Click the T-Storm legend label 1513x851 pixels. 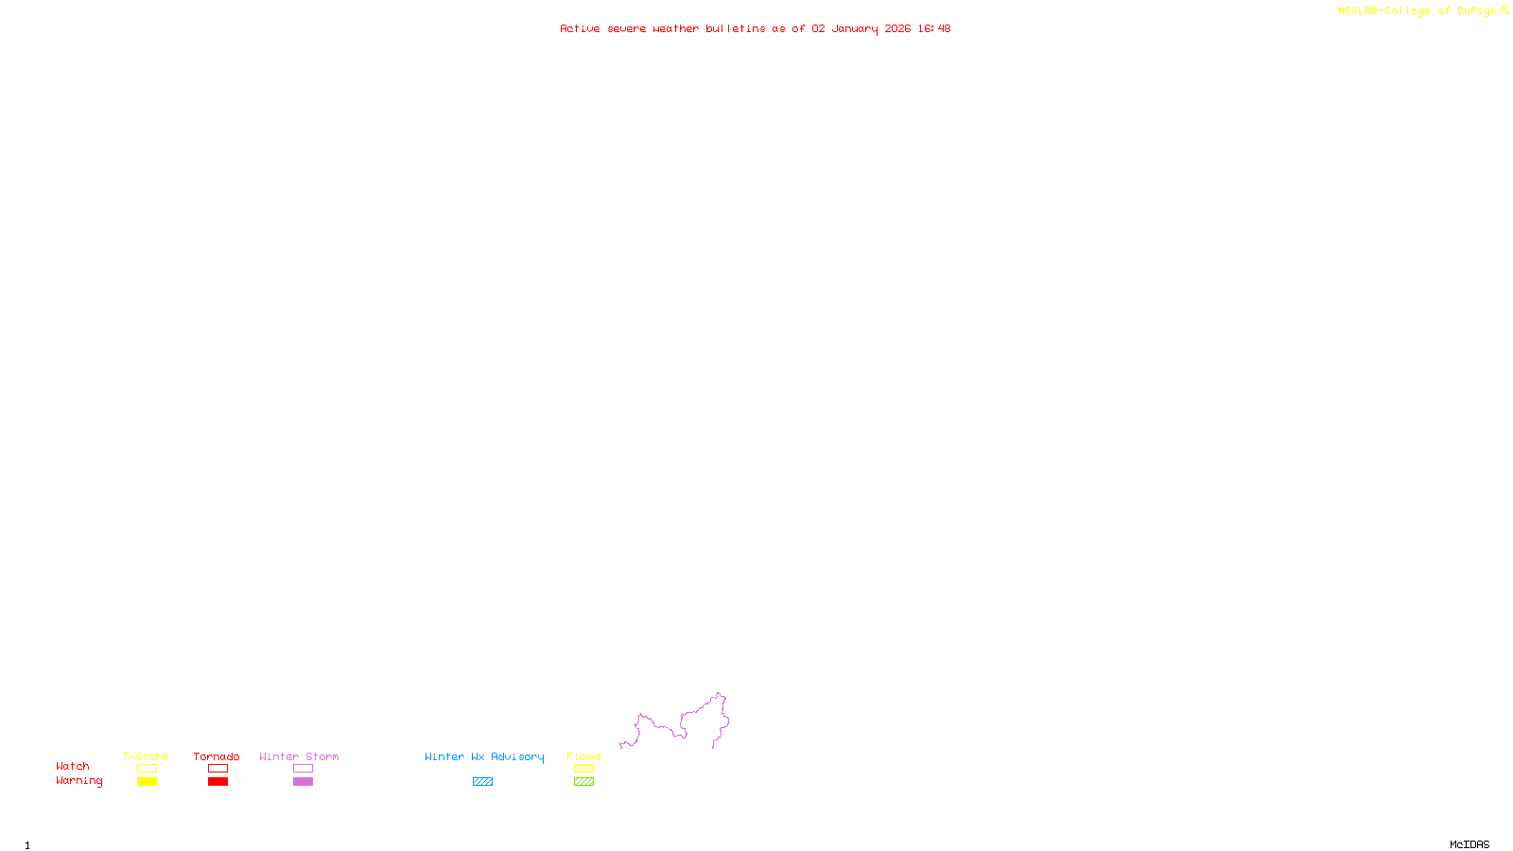pyautogui.click(x=146, y=756)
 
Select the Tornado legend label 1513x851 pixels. pyautogui.click(x=217, y=756)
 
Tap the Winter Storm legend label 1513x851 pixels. pyautogui.click(x=299, y=756)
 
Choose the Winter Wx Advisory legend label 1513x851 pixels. pyautogui.click(x=484, y=756)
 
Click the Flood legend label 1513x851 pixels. pyautogui.click(x=583, y=756)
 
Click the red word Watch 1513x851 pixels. pyautogui.click(x=73, y=766)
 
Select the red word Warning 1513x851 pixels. pyautogui.click(x=78, y=781)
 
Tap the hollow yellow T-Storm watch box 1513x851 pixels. pyautogui.click(x=147, y=769)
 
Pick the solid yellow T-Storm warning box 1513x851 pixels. pyautogui.click(x=147, y=782)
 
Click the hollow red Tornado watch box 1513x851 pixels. pyautogui.click(x=218, y=769)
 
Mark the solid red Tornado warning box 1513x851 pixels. pyautogui.click(x=218, y=782)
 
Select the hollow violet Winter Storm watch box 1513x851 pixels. pyautogui.click(x=303, y=769)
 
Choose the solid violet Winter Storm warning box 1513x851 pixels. pyautogui.click(x=303, y=782)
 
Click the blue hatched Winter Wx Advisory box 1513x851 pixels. pyautogui.click(x=482, y=782)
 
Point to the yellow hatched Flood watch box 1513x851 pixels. pyautogui.click(x=583, y=769)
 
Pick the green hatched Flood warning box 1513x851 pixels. pyautogui.click(x=583, y=782)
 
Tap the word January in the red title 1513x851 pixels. pyautogui.click(x=854, y=28)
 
